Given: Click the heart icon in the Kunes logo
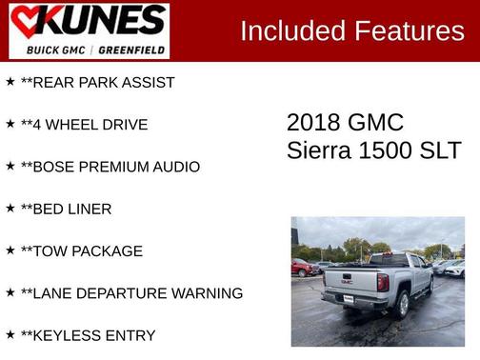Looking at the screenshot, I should [x=28, y=22].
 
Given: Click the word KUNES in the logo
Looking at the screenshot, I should [x=101, y=21].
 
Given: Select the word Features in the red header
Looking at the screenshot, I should [x=410, y=30].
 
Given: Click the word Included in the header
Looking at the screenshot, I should [x=291, y=30].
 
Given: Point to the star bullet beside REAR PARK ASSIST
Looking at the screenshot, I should [x=10, y=82].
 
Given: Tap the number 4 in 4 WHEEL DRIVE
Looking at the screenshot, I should [x=39, y=125].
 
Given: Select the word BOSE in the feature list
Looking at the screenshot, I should [x=55, y=167].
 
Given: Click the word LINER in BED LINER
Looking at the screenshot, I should [x=90, y=209].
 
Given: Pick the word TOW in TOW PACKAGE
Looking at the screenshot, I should [x=50, y=251].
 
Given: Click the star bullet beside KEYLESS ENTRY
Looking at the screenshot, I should [x=10, y=334].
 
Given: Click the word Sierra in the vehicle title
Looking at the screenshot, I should [x=318, y=150].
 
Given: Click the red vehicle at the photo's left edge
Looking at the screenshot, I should [x=301, y=268].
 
